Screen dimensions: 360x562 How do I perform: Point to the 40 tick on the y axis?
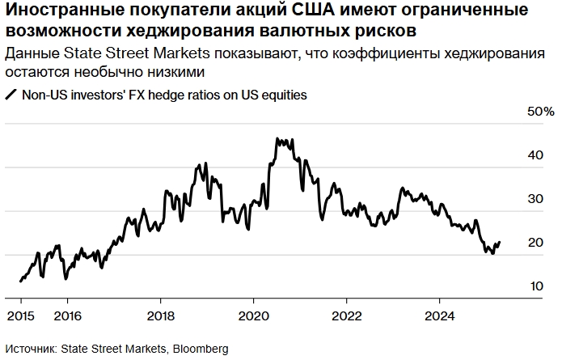(x=535, y=155)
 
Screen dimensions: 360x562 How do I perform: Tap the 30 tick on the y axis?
(x=535, y=199)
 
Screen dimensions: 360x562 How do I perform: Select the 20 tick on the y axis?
(x=535, y=243)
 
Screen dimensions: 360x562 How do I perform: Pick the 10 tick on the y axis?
(x=535, y=286)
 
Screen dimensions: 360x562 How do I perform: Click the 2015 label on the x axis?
(x=21, y=315)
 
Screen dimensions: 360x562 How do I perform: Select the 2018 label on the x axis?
(x=161, y=315)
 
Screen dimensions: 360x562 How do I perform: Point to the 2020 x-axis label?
(x=254, y=315)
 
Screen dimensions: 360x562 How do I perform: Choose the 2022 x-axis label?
(x=347, y=315)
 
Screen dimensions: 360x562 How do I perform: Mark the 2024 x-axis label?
(x=440, y=315)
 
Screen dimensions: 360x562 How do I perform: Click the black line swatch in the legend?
(x=11, y=95)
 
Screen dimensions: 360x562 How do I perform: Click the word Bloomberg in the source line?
(x=200, y=348)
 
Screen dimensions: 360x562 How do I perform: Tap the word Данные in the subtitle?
(x=28, y=53)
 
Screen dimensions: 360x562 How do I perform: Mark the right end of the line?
(x=500, y=242)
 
